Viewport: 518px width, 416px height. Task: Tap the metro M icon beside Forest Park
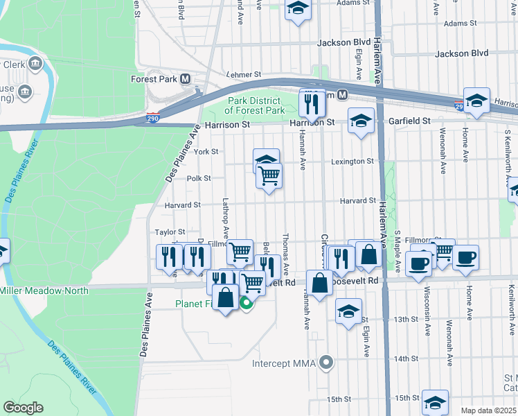[185, 79]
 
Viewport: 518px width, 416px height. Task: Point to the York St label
[206, 151]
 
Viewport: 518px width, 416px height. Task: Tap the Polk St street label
[199, 178]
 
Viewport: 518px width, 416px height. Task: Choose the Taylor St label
[170, 232]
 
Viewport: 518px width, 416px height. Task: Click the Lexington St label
[352, 162]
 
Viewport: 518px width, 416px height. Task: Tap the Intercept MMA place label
[283, 363]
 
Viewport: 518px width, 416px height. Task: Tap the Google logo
[23, 408]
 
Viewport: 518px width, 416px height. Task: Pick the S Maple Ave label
[398, 251]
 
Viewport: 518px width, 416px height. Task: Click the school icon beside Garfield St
[361, 121]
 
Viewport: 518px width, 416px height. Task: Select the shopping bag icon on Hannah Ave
[320, 284]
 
